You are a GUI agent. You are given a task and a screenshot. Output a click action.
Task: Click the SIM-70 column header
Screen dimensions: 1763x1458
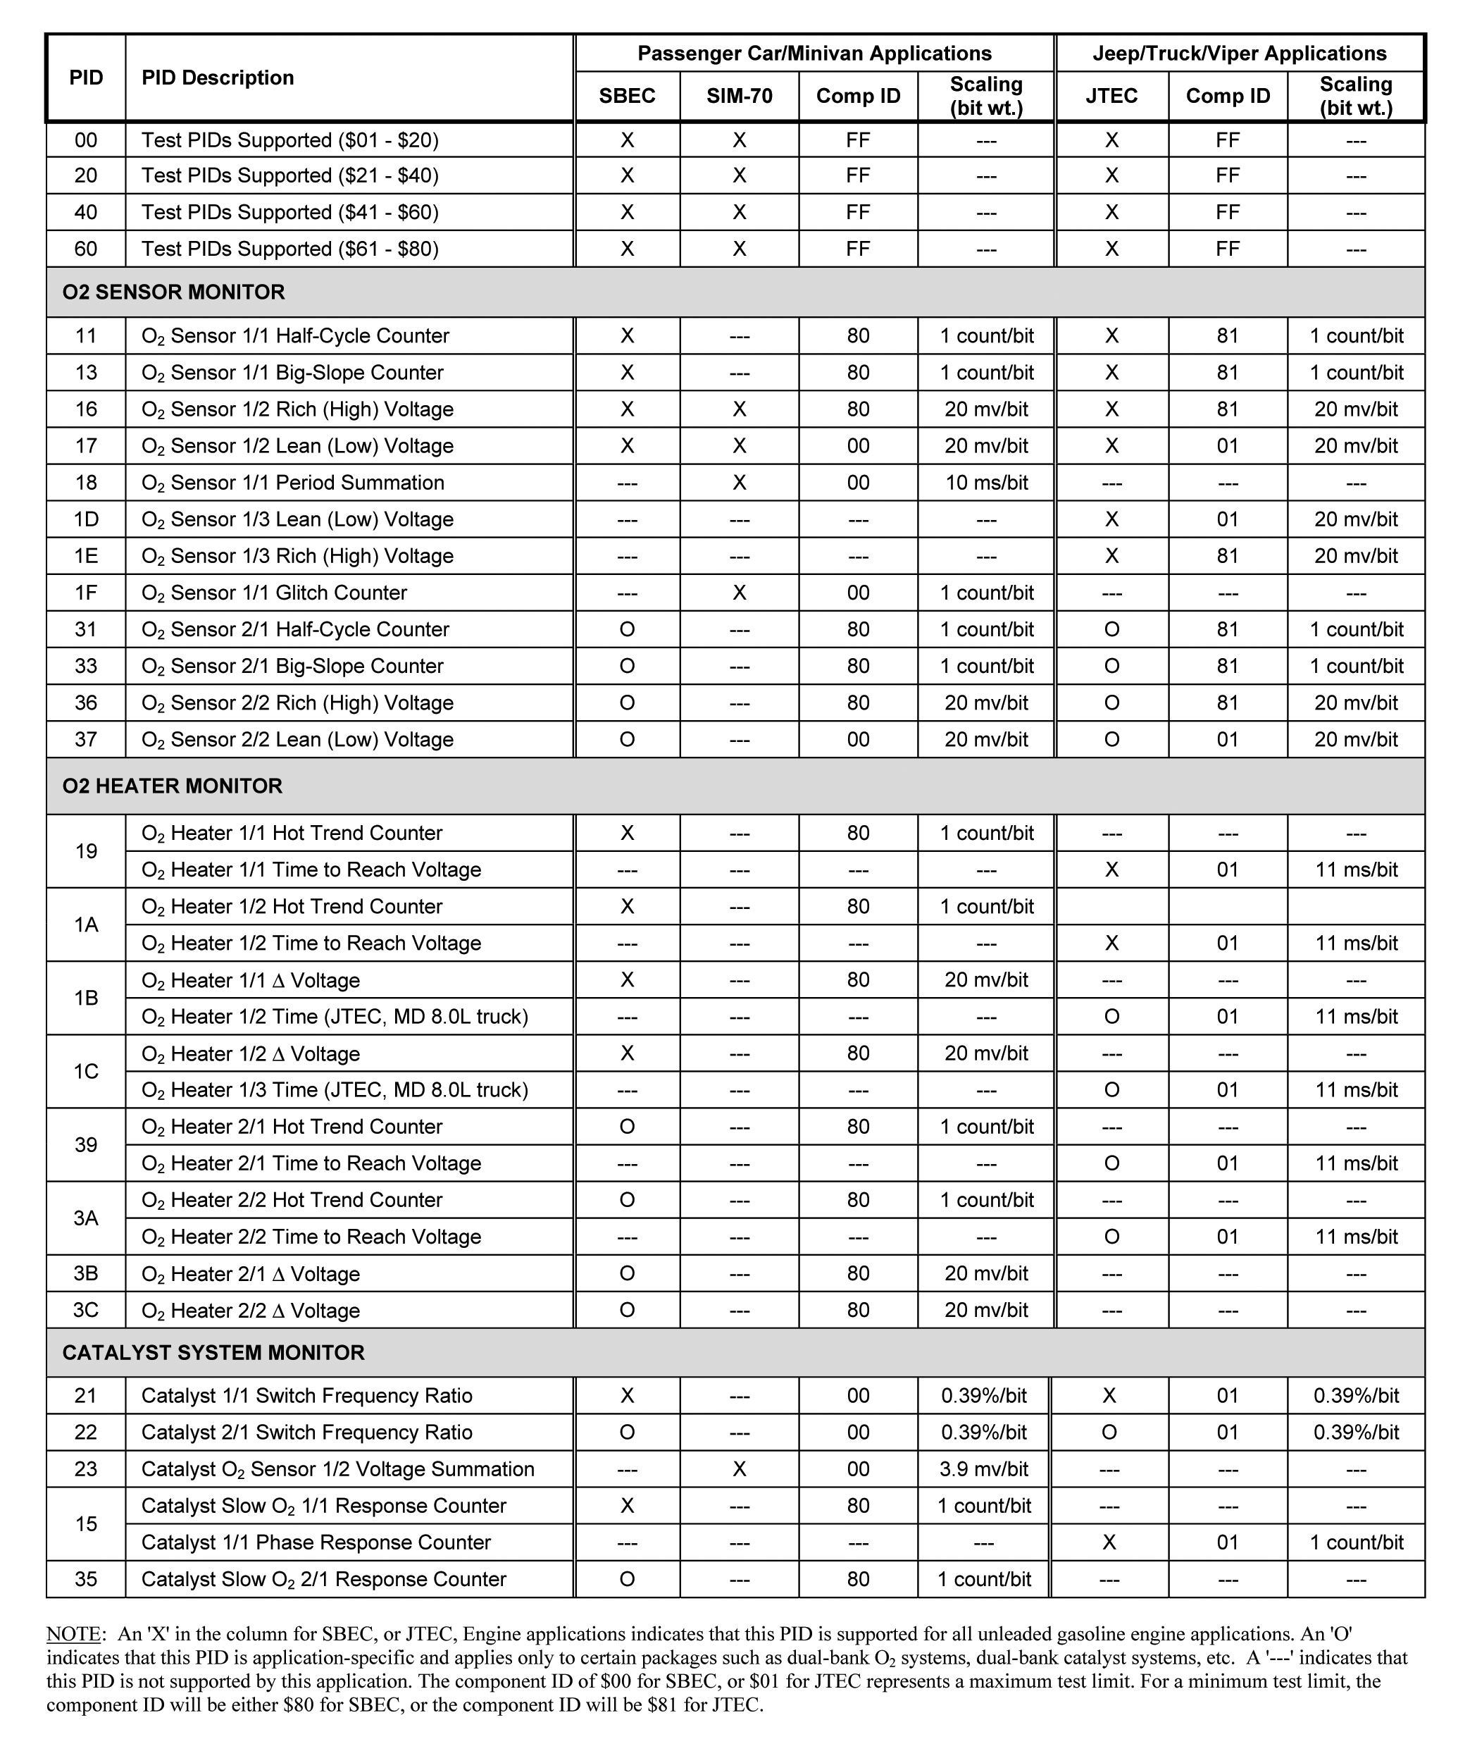point(739,96)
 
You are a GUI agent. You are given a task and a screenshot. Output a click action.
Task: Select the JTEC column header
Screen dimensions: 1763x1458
point(1111,96)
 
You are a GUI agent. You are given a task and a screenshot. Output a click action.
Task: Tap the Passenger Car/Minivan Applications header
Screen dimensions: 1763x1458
point(814,54)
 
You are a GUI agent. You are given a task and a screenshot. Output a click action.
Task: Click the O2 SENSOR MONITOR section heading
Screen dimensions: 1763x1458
point(174,292)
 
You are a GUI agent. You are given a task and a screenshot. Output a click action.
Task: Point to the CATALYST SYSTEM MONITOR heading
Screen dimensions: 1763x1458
point(213,1352)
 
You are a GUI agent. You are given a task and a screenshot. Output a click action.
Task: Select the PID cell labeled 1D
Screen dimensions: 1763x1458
point(87,519)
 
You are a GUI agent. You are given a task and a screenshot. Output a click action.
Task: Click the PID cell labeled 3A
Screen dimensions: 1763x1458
point(87,1218)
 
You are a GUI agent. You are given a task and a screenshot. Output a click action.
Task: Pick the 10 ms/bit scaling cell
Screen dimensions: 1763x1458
point(986,483)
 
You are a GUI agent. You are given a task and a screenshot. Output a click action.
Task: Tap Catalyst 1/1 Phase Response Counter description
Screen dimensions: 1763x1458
point(316,1542)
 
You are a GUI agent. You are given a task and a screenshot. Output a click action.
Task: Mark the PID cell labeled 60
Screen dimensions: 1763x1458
point(87,249)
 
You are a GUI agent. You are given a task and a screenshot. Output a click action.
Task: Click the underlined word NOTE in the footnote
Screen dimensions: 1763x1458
point(73,1634)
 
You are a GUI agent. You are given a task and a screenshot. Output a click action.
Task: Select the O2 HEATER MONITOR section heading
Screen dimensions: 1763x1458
point(172,786)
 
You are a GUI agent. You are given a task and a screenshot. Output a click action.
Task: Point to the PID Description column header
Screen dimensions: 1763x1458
point(218,78)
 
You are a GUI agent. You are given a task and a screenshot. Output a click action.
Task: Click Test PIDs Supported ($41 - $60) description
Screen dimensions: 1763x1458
point(289,212)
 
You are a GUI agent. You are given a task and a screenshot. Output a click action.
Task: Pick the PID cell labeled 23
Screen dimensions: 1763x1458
point(87,1469)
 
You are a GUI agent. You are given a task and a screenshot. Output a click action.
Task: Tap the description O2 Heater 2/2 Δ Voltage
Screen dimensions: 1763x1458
point(250,1311)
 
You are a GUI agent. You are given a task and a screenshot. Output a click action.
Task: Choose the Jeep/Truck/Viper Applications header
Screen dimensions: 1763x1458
point(1239,54)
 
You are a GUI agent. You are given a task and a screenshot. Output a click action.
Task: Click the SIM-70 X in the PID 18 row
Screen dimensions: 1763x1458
point(739,483)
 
